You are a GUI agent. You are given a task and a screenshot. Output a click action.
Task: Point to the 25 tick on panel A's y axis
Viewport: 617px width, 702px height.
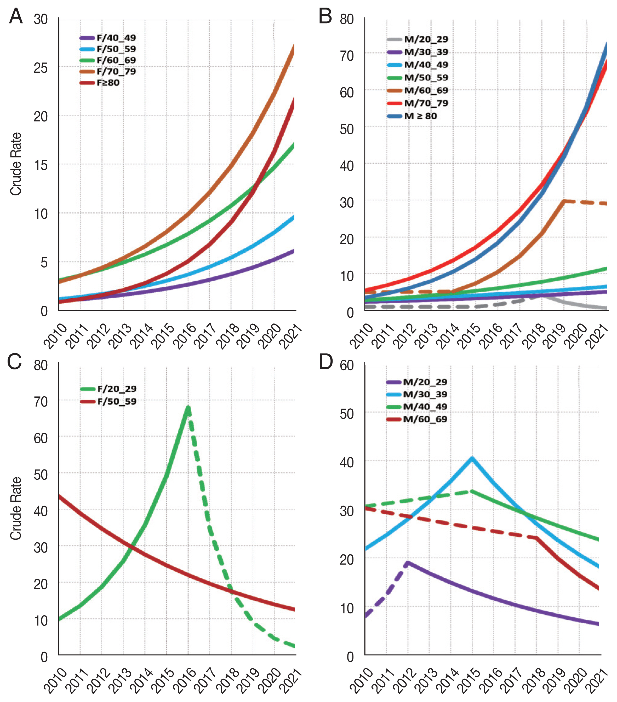click(x=41, y=68)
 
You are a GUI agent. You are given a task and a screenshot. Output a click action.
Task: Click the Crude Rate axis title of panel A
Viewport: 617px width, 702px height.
click(x=16, y=164)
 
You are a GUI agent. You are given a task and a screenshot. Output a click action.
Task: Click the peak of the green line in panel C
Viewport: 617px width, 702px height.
click(x=188, y=408)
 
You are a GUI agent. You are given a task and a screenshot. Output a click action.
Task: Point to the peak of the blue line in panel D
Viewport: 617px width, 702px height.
click(x=472, y=459)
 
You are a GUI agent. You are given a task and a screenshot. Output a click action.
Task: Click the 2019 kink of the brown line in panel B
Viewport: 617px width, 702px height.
click(x=563, y=201)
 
